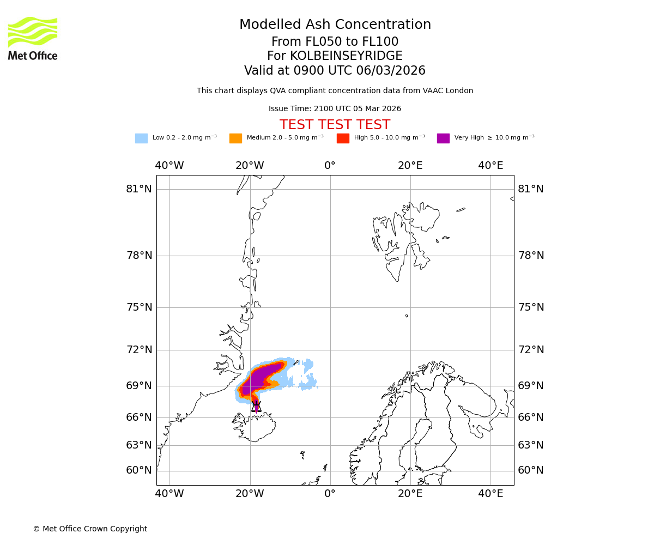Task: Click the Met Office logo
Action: pos(33,38)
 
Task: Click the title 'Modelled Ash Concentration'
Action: pos(335,25)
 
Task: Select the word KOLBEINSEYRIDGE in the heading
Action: pos(346,56)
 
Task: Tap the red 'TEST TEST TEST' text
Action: pos(335,125)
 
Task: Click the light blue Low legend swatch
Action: pos(141,138)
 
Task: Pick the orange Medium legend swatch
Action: pos(235,138)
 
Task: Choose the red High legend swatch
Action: pos(343,138)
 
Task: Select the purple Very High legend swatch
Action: pos(443,138)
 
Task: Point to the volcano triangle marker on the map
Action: pos(256,407)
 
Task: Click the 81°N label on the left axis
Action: pos(139,189)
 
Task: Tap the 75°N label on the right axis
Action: pos(531,307)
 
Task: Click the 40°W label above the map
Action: pos(169,166)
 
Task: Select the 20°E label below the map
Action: pos(410,494)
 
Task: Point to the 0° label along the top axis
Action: pos(330,166)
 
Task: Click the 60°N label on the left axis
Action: pos(139,470)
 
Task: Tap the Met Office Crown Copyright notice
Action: pos(90,529)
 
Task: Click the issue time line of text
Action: pos(335,109)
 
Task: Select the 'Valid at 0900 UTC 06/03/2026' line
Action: pos(335,71)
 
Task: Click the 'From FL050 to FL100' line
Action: pos(335,42)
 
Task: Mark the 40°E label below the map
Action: pos(491,494)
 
